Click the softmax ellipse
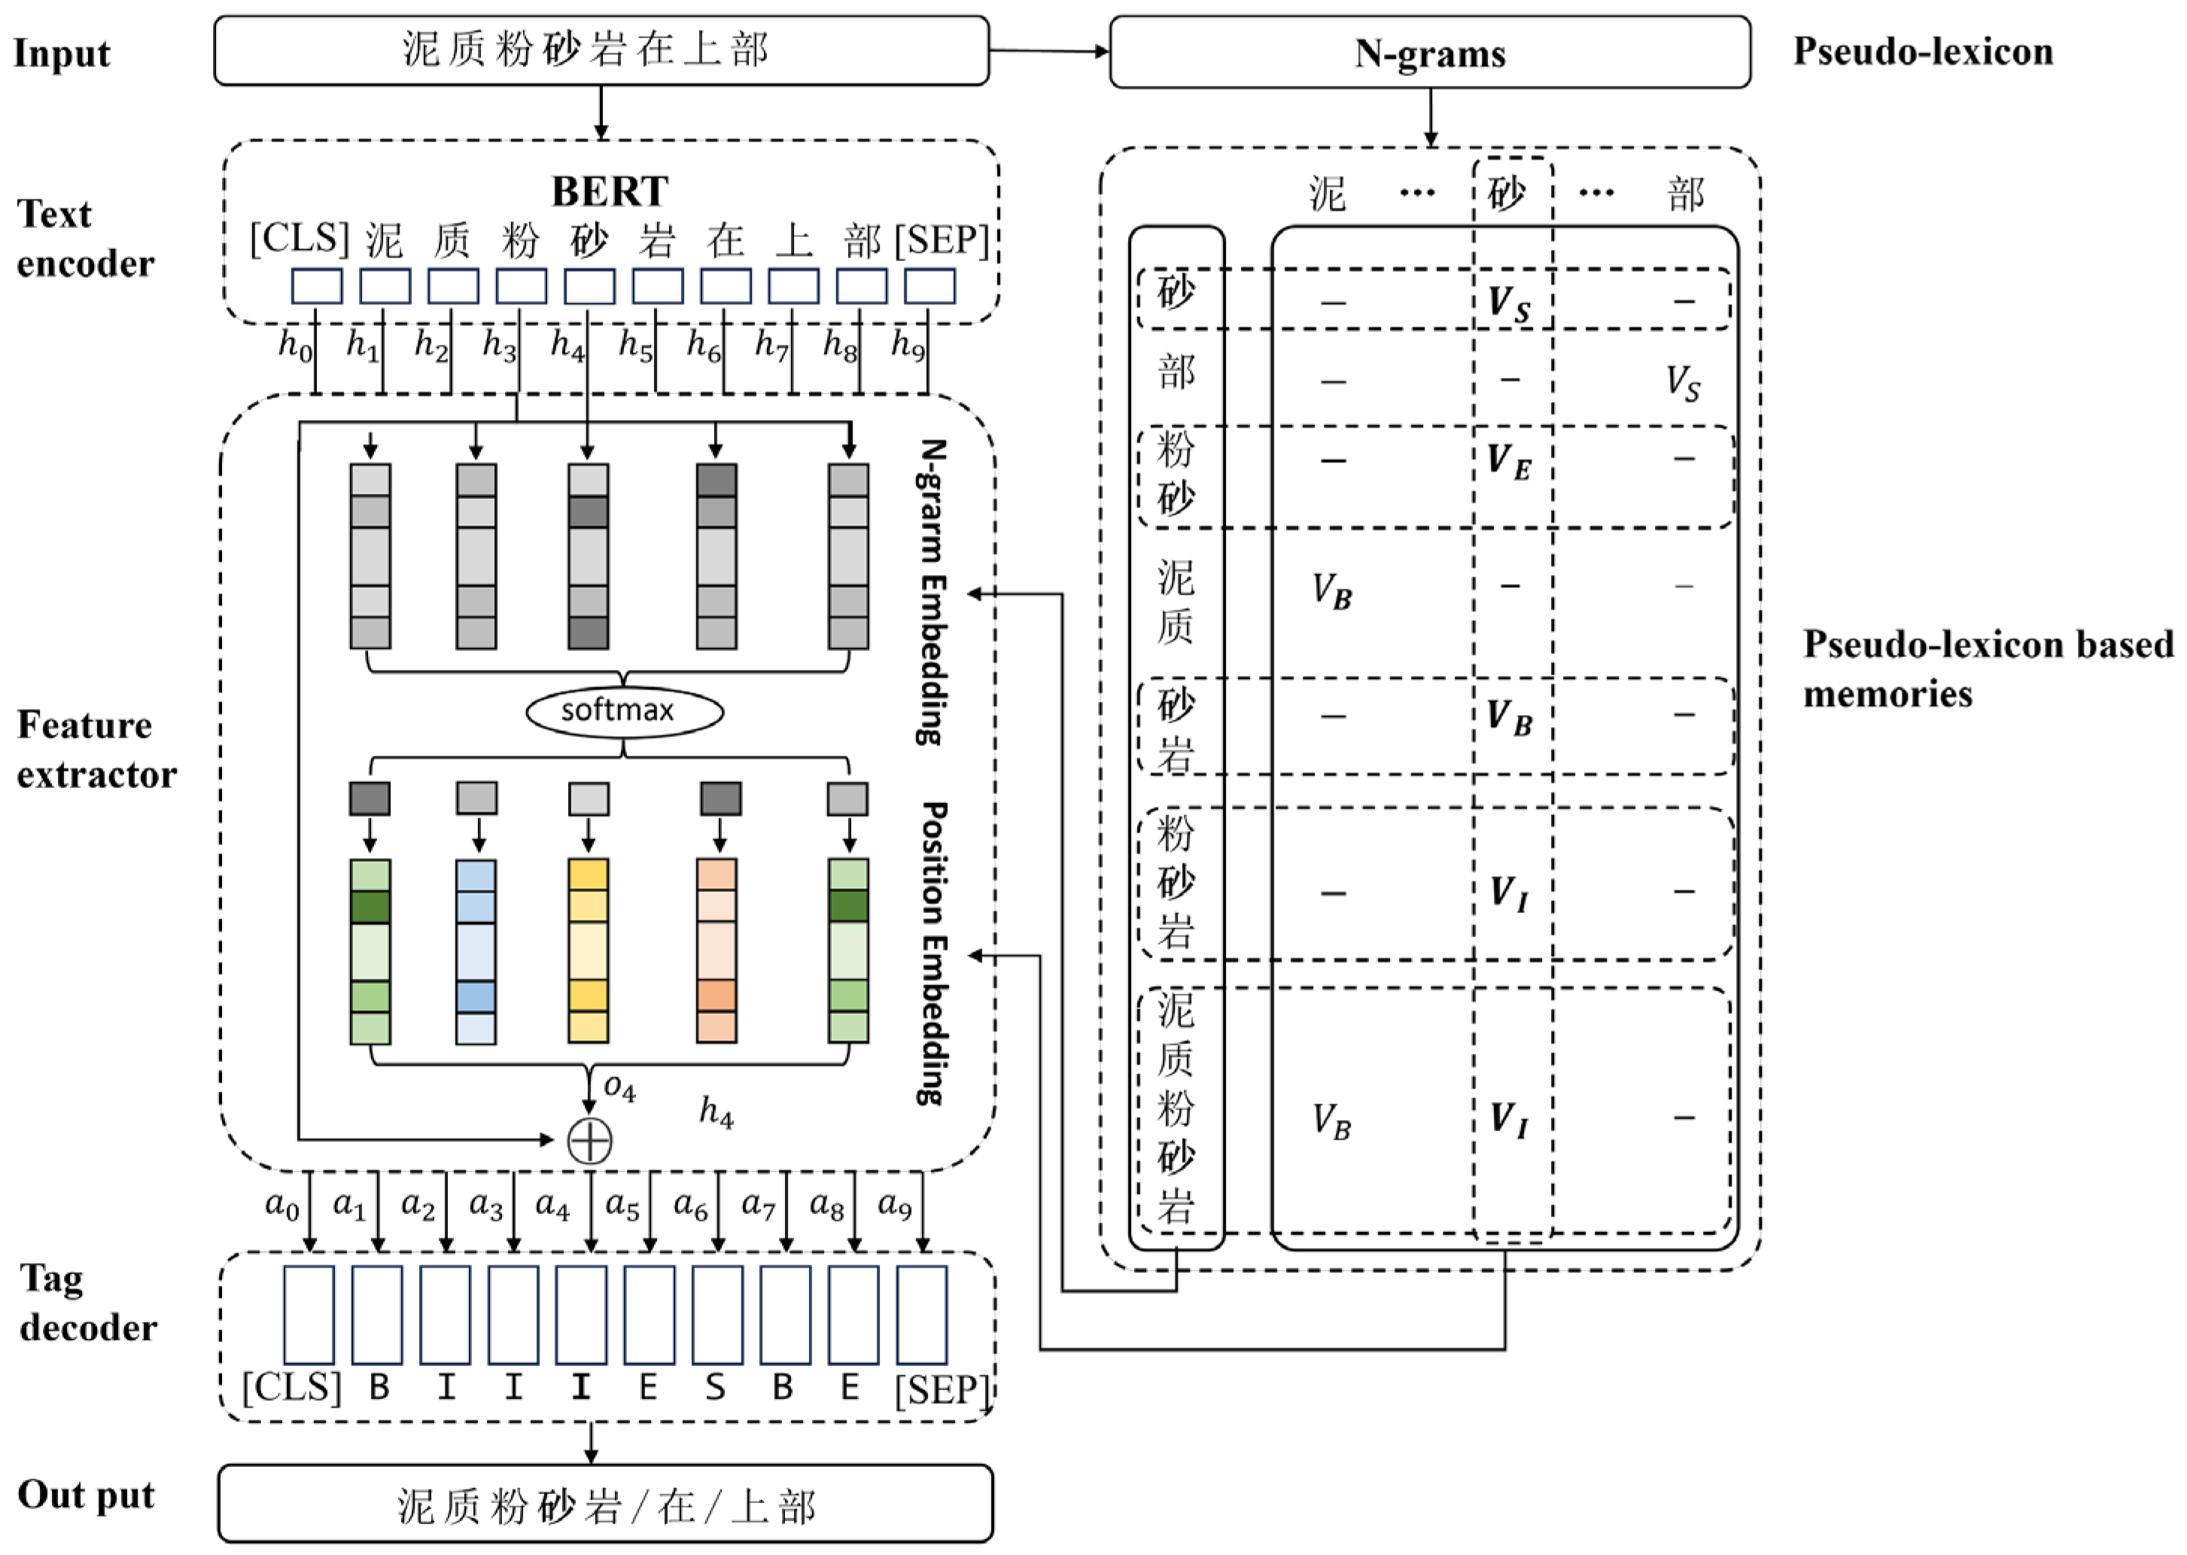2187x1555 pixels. point(625,711)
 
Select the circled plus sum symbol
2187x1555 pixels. point(590,1140)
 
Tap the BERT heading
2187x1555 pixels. point(610,190)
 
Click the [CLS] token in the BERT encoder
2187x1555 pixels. point(299,239)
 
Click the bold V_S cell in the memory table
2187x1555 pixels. point(1508,303)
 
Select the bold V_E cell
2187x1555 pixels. point(1508,461)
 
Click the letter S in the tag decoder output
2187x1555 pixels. point(714,1387)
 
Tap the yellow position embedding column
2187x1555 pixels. point(588,950)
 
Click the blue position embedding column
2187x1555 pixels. point(476,950)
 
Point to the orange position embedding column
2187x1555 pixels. point(716,950)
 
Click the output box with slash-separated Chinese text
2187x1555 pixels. point(605,1506)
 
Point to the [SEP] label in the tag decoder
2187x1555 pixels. point(941,1389)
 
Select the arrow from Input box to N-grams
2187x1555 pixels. point(1048,50)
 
